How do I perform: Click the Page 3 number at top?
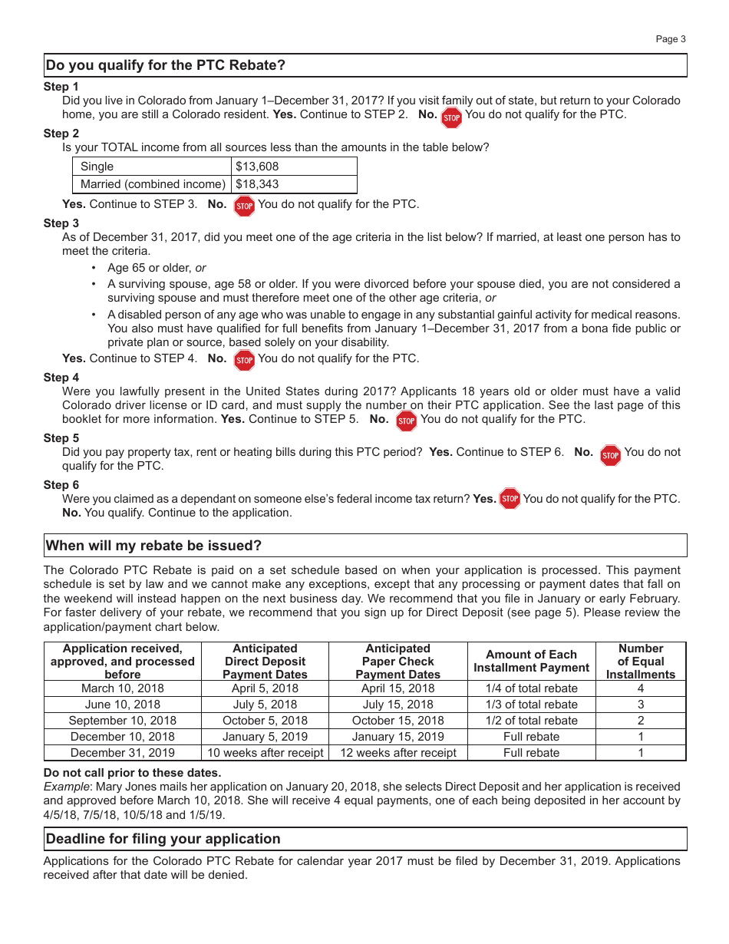670,39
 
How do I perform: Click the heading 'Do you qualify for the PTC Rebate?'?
166,65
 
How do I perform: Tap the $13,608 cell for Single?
257,167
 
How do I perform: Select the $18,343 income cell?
257,184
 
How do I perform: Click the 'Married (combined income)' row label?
153,184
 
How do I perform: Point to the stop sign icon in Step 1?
452,117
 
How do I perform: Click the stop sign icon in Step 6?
510,499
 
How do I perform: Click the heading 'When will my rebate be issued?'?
153,546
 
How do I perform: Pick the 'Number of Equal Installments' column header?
640,662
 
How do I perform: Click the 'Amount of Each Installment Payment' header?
531,662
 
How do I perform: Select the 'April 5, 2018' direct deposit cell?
265,688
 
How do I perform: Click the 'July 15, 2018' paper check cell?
397,705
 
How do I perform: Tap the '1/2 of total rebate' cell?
531,721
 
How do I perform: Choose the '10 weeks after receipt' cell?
265,753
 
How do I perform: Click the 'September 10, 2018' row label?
123,721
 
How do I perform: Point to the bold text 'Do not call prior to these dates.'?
132,773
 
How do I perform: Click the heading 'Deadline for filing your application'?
163,839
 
